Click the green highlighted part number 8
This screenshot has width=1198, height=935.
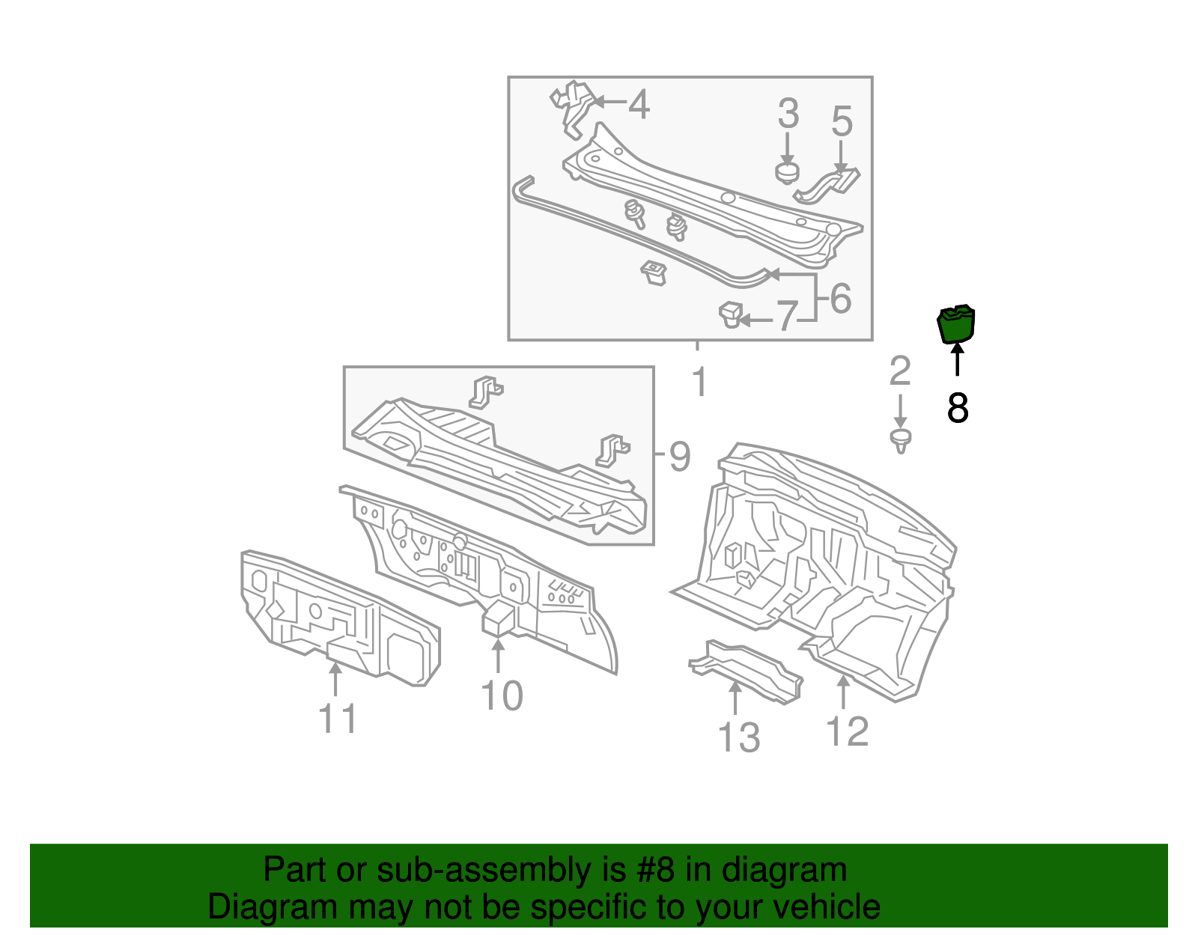956,325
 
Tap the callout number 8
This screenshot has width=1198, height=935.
958,408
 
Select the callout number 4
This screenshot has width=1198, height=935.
639,104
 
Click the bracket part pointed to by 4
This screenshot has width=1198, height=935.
573,109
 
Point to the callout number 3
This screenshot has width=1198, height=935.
788,114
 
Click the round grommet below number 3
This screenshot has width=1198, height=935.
786,173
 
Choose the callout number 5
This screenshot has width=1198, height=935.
842,121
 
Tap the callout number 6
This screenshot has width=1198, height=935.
840,298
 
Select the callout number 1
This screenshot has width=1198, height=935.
699,383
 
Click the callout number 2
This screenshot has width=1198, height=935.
899,371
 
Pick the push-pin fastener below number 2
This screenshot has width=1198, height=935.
901,440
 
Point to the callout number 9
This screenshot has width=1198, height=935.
679,456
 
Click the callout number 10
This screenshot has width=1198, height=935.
502,696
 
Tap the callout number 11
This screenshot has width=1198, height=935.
338,719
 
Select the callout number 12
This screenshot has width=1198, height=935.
847,731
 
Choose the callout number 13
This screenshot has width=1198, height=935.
738,737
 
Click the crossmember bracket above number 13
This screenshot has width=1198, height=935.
746,671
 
